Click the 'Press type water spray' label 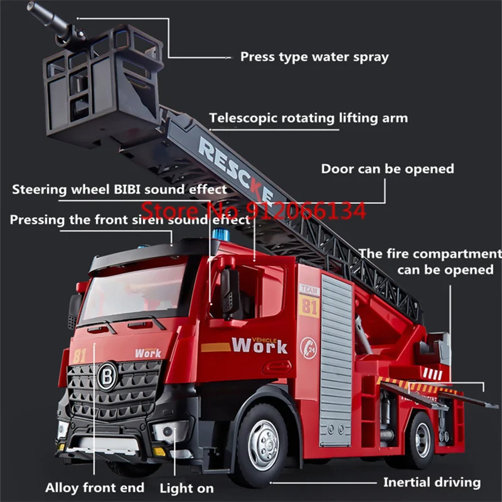tap(314, 57)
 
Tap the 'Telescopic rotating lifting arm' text tap(308, 118)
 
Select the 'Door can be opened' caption tap(387, 169)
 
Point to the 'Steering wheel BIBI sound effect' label tap(119, 189)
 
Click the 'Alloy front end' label tap(95, 488)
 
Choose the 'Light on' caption tap(186, 488)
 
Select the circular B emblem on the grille tap(107, 376)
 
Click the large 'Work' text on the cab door tap(259, 345)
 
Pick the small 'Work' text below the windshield tap(148, 353)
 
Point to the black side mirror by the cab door tap(230, 292)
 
